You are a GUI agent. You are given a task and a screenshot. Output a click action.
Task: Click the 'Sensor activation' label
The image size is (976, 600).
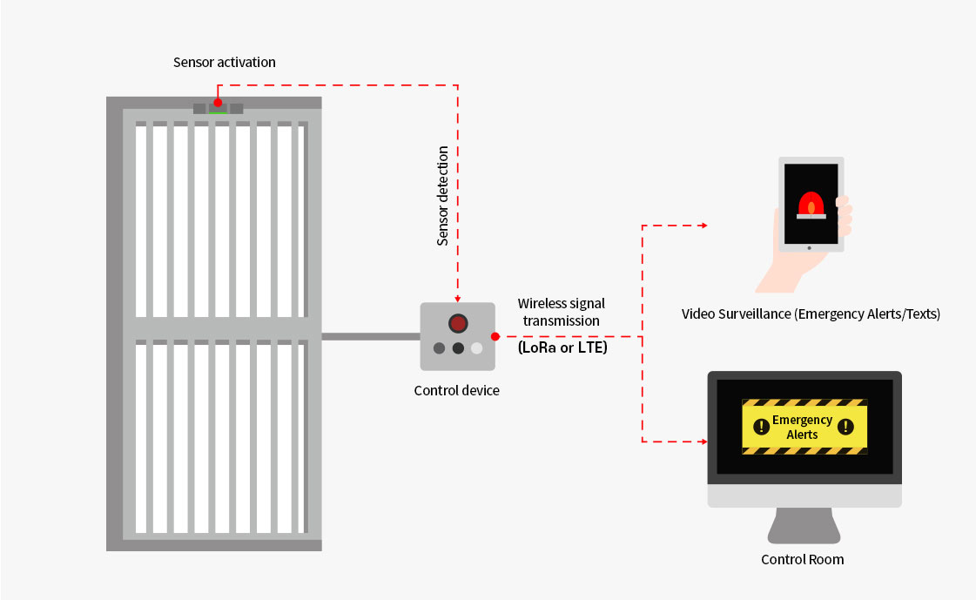(224, 62)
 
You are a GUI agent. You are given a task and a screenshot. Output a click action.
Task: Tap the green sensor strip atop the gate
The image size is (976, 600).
(218, 112)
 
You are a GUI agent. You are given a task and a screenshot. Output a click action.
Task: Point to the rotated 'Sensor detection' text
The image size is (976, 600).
(442, 195)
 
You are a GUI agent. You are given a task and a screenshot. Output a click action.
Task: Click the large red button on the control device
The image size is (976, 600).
(458, 323)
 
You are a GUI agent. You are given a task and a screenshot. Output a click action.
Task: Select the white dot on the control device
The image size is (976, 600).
(477, 348)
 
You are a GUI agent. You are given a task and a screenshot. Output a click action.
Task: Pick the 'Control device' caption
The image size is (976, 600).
(456, 390)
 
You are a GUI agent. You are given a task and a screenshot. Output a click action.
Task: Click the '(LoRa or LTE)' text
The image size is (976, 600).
(562, 347)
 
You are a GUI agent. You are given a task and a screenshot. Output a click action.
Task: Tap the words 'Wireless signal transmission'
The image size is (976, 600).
(562, 312)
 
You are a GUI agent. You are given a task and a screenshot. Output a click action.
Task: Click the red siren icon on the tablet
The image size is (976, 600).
(811, 206)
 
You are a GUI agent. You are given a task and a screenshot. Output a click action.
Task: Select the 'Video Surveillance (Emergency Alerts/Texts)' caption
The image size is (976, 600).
(811, 313)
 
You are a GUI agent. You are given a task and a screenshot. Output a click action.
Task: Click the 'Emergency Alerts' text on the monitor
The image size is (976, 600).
(803, 427)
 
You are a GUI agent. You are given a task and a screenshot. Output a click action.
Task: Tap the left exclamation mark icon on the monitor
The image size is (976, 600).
(761, 427)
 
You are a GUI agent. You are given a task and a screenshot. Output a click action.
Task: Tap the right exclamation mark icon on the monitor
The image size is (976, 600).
(845, 427)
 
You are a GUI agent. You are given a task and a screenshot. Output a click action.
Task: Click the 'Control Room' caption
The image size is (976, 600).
(803, 560)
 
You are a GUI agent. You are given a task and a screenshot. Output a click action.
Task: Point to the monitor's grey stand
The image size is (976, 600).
(804, 525)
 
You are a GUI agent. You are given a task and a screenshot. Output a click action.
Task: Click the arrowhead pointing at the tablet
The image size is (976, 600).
(704, 226)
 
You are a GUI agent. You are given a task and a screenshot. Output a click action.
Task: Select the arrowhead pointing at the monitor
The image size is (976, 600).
(704, 442)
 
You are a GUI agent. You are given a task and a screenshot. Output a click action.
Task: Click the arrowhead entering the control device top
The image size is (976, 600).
(457, 300)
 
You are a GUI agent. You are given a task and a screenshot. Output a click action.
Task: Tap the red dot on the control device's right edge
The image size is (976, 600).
(495, 337)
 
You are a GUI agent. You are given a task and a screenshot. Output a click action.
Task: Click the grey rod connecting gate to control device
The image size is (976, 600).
(371, 337)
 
